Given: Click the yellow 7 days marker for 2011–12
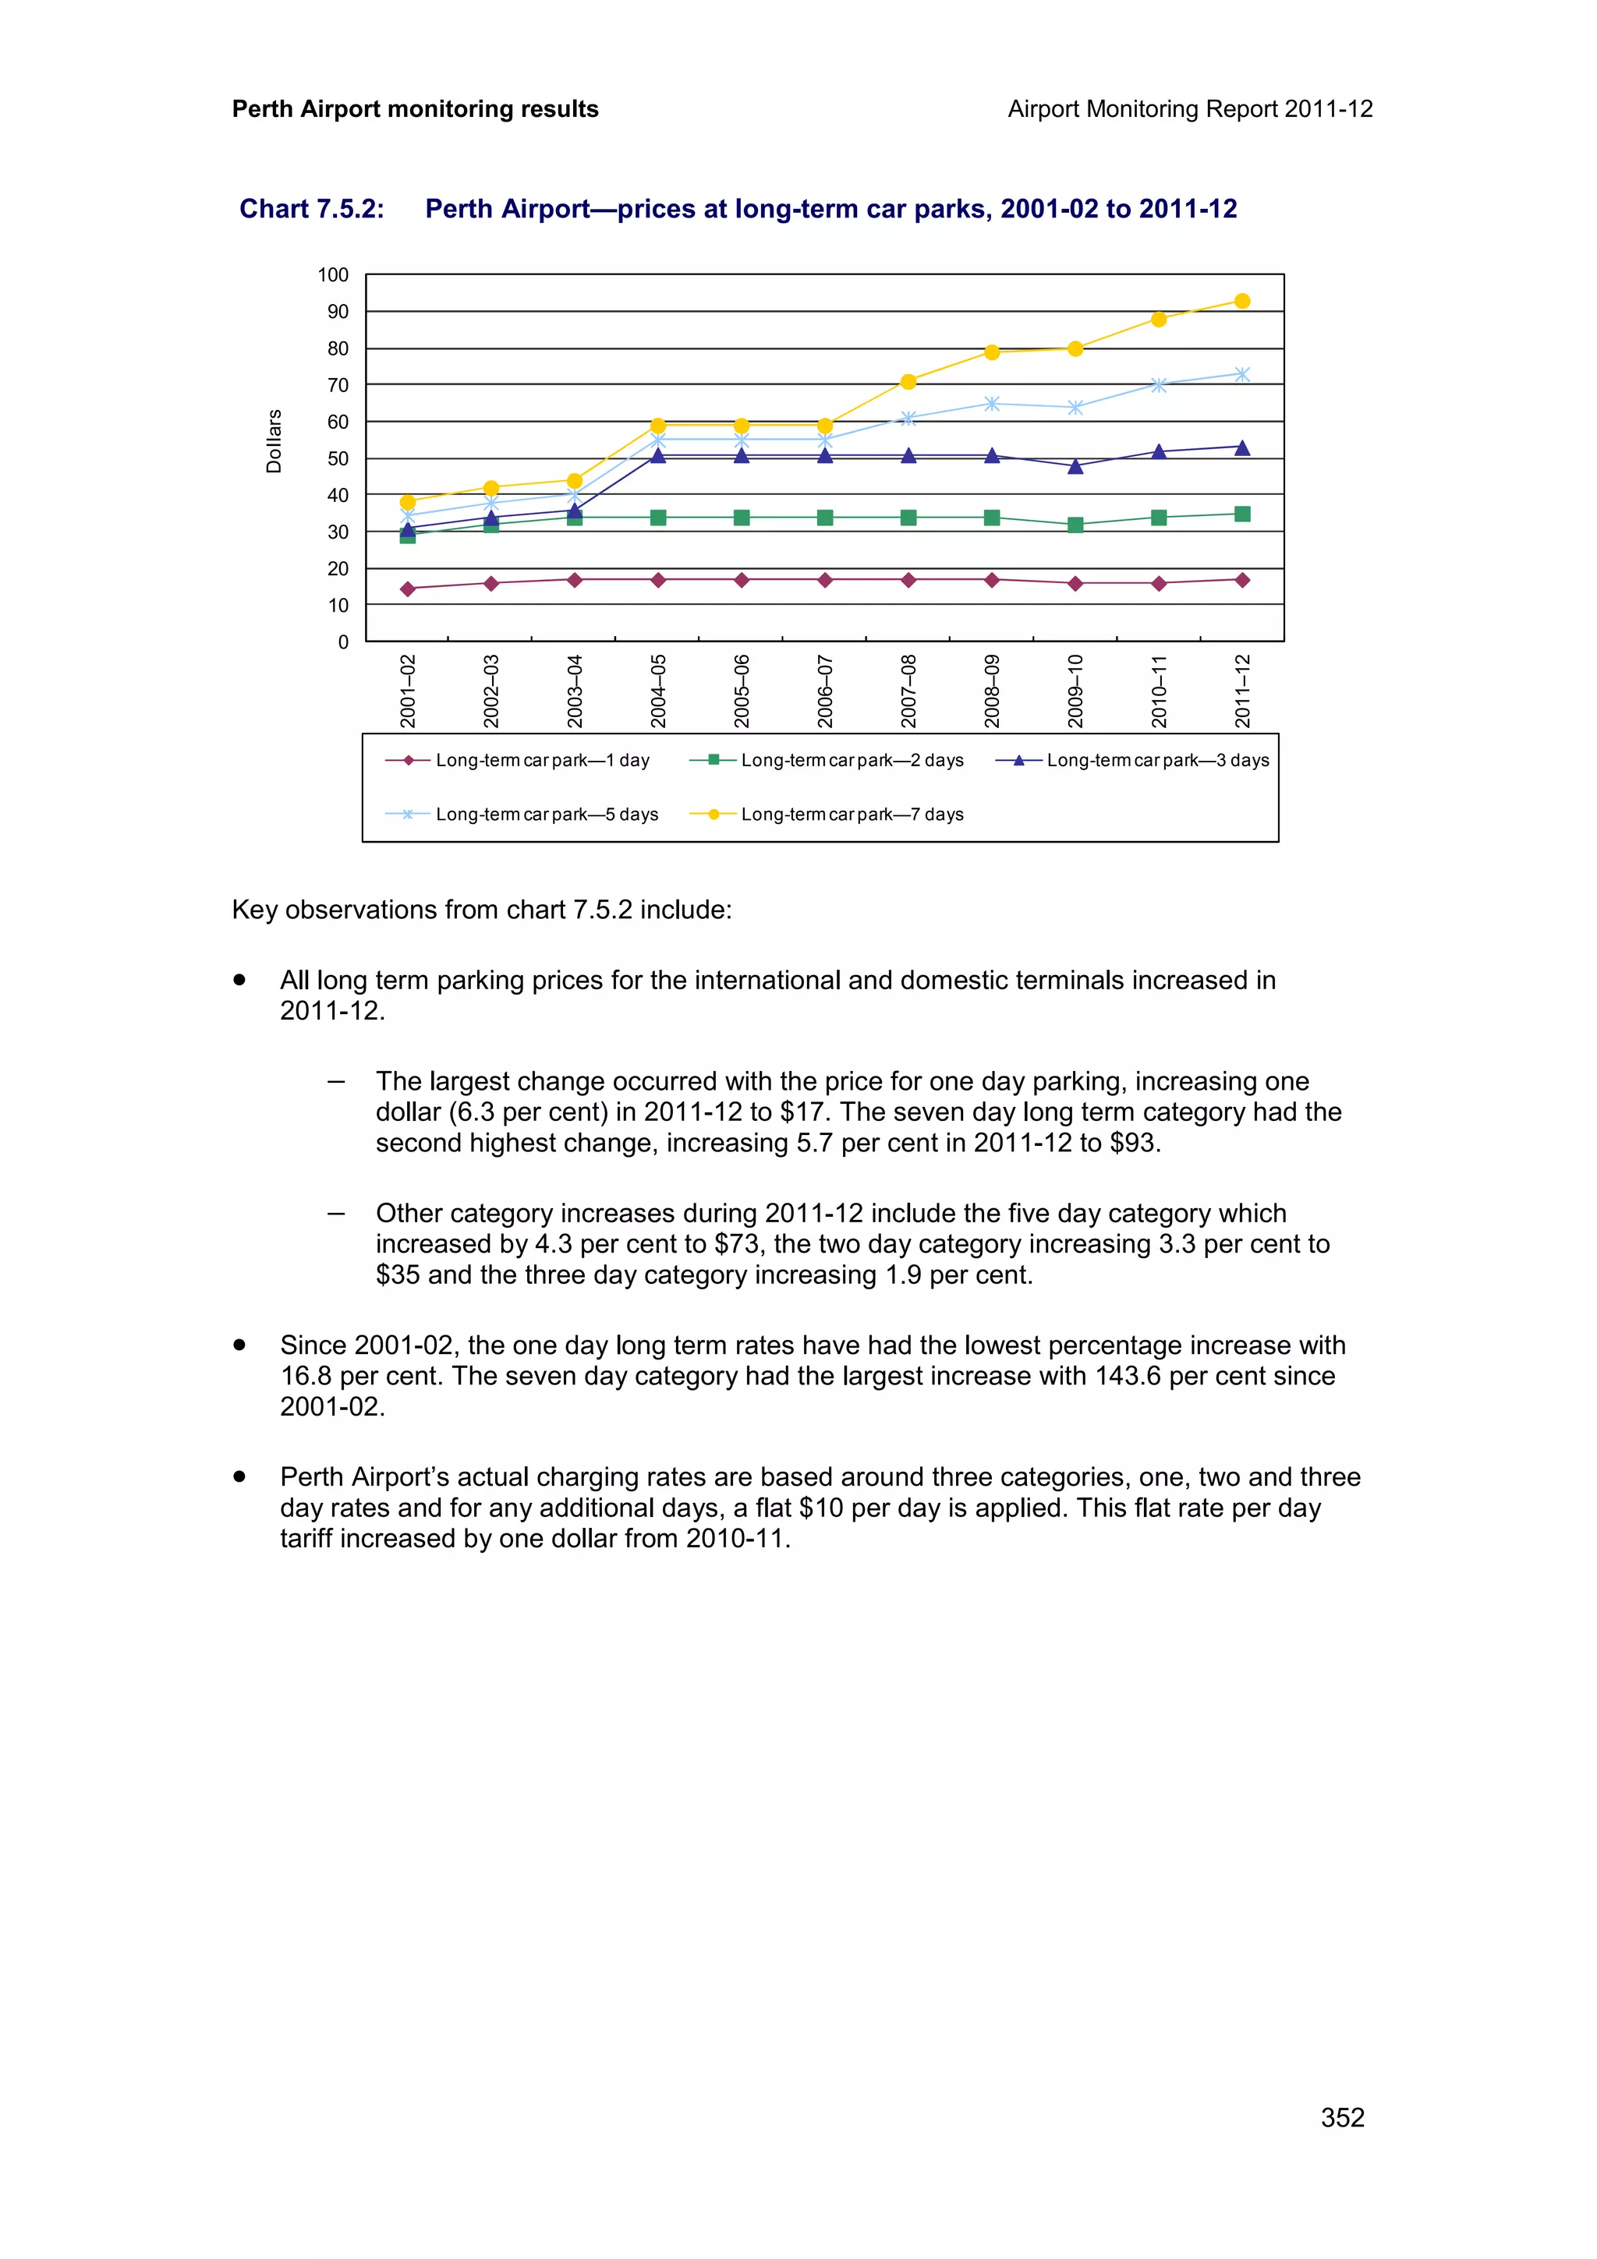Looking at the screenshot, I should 1241,301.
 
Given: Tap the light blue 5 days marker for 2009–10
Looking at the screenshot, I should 1075,408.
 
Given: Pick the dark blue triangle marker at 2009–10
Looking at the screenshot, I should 1075,466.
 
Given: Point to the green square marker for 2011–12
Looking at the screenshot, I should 1241,514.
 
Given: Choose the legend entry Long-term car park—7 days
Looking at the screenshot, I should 827,814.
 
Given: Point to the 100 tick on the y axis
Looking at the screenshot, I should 333,275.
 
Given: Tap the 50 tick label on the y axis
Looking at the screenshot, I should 338,458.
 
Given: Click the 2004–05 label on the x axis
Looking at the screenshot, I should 658,690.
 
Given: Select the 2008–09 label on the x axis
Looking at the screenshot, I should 992,690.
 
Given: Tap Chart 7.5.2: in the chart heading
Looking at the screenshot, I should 311,209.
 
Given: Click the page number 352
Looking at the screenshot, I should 1341,2117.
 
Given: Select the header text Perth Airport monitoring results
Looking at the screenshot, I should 414,109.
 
